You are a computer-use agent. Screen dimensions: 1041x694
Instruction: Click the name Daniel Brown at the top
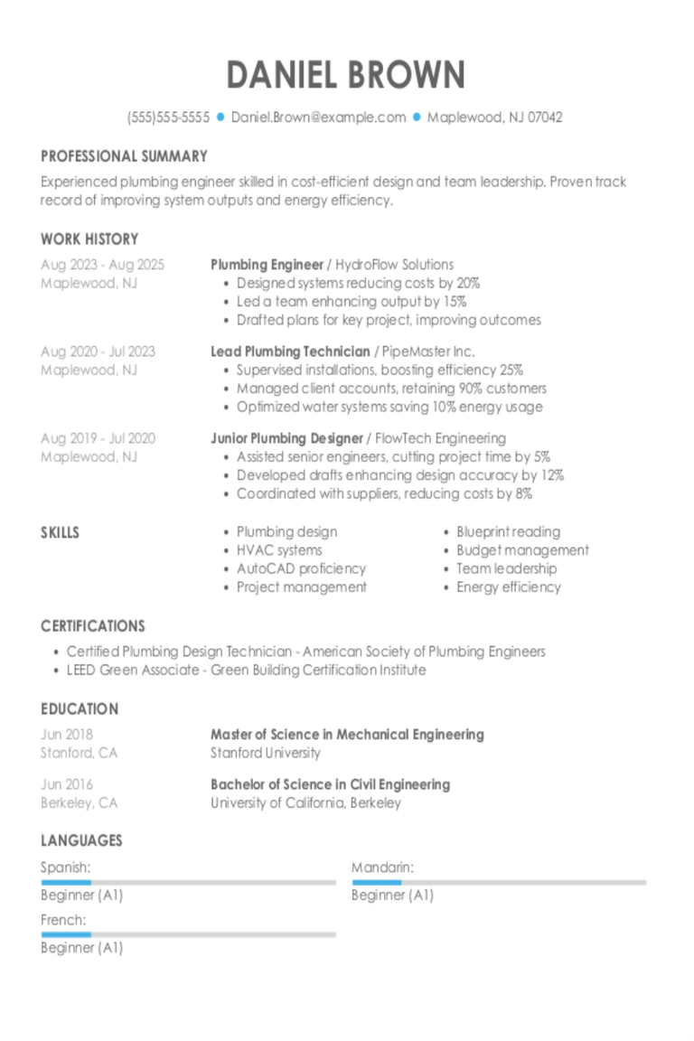(346, 75)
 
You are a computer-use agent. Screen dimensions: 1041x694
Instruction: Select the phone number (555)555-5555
(169, 117)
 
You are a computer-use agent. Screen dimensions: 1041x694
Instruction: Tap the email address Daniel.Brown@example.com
(318, 117)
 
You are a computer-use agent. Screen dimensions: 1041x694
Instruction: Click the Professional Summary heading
(124, 156)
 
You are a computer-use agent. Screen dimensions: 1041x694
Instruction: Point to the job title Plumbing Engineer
(267, 265)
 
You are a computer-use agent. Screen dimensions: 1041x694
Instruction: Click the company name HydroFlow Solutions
(394, 265)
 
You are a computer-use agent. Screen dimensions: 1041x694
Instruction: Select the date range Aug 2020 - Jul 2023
(98, 352)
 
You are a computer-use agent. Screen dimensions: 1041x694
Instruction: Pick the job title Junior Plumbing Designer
(286, 438)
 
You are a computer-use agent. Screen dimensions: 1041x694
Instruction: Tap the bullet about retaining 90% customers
(391, 389)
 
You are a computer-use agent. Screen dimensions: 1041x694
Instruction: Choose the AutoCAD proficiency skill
(301, 568)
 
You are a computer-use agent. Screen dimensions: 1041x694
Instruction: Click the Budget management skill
(522, 550)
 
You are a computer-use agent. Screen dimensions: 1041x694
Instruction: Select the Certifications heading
(92, 626)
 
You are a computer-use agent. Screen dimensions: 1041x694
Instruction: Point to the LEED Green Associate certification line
(246, 671)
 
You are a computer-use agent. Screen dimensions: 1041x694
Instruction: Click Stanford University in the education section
(266, 753)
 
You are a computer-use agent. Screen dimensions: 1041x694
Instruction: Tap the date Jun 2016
(67, 784)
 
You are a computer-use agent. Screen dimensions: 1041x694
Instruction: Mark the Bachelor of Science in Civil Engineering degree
(330, 784)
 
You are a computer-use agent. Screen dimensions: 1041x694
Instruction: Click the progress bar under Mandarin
(499, 882)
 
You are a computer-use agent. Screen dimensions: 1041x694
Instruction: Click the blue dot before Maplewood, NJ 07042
(417, 117)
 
